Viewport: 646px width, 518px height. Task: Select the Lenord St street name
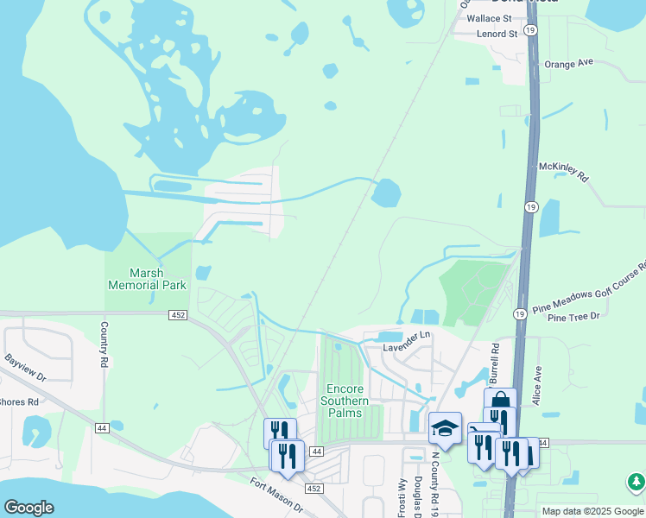(497, 34)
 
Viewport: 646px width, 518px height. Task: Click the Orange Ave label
(569, 63)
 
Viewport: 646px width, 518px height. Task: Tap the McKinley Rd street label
(563, 171)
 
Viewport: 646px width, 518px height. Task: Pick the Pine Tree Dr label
(573, 318)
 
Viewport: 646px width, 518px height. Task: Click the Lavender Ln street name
(407, 341)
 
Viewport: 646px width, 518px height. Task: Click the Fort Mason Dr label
(276, 496)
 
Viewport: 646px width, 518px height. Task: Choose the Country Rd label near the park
(104, 343)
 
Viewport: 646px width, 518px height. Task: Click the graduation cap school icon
(445, 427)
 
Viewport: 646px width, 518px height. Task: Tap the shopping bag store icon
(500, 400)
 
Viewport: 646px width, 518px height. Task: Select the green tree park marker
(635, 482)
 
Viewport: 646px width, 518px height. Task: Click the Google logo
(28, 508)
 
